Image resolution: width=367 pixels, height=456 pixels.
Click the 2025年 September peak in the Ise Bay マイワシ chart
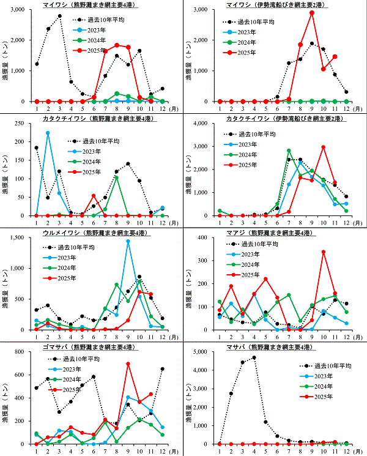312,12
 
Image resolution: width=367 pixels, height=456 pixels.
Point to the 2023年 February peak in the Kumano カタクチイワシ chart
48,133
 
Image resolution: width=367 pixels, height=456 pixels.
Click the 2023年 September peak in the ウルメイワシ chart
128,241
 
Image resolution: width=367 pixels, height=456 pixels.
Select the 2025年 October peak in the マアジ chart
324,252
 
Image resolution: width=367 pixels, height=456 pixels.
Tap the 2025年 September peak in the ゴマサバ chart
128,364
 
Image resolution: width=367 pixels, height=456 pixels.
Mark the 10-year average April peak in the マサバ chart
253,357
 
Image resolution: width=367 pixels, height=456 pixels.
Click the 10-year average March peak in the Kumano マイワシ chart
59,16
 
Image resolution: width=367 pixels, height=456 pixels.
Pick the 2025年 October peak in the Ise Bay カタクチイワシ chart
324,147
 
